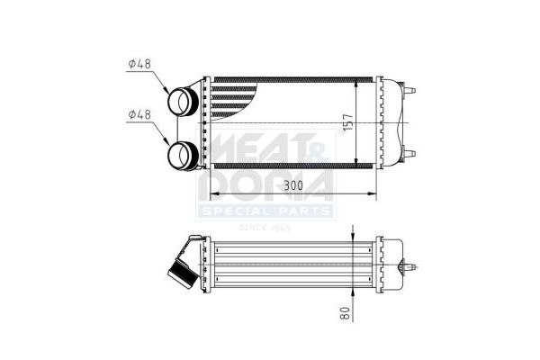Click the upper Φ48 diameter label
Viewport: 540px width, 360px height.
[x=141, y=64]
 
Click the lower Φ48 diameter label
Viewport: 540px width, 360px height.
[x=141, y=115]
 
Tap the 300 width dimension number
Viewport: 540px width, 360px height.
[x=292, y=185]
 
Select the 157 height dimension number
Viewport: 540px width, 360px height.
[x=347, y=122]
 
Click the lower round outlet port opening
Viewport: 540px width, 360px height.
[x=184, y=157]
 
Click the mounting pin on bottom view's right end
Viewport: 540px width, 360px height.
[x=411, y=267]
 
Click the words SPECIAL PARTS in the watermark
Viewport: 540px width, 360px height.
[x=265, y=211]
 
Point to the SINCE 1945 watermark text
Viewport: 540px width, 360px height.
[x=265, y=228]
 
